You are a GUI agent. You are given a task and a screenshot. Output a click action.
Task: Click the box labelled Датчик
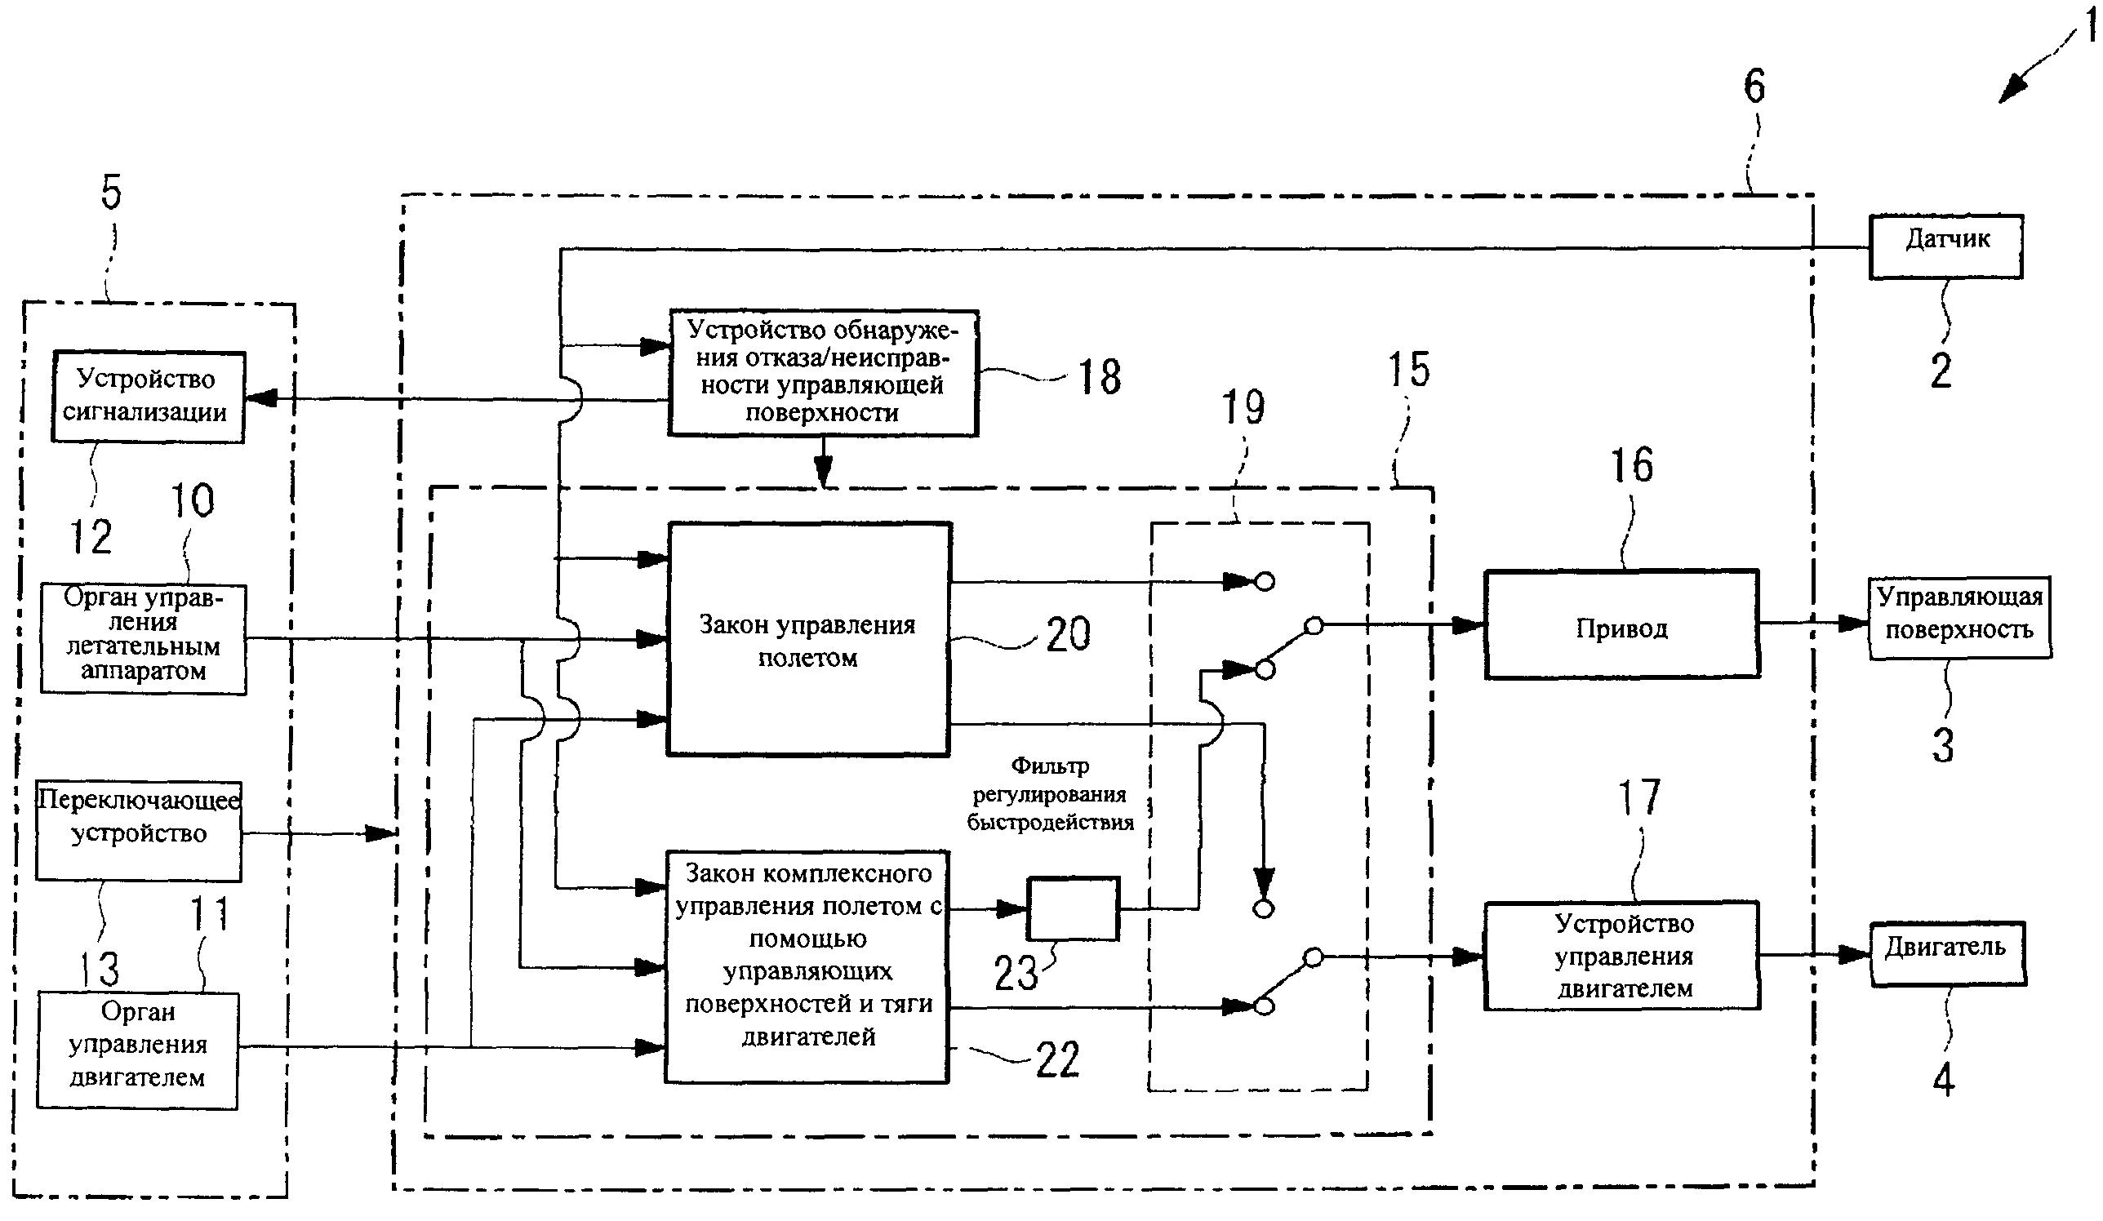(x=1945, y=246)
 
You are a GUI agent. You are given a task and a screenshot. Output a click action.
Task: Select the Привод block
(x=1621, y=624)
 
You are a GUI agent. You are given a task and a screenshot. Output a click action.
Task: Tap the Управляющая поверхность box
(x=1959, y=618)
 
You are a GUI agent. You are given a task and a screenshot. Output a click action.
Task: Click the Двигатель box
(x=1948, y=953)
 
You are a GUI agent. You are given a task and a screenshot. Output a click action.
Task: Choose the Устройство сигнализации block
(x=148, y=397)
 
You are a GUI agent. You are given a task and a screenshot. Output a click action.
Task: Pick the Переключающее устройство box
(x=139, y=830)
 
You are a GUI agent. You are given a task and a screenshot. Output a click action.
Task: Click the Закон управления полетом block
(x=808, y=639)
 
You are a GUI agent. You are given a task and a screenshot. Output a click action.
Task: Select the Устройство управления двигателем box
(x=1621, y=957)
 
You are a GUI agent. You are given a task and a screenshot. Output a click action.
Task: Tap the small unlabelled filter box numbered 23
(x=1073, y=909)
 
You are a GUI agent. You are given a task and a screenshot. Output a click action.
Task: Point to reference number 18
(x=1099, y=377)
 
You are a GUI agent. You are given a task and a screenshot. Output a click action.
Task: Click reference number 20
(x=1067, y=634)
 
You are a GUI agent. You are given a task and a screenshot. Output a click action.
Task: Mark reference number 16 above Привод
(x=1631, y=465)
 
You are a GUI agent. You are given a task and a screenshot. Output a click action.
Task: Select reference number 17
(x=1638, y=797)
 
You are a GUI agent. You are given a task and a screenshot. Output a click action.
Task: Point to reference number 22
(x=1057, y=1060)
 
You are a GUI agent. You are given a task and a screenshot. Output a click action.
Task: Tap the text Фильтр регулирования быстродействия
(x=1050, y=793)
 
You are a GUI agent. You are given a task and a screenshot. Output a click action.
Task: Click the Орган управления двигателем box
(x=137, y=1050)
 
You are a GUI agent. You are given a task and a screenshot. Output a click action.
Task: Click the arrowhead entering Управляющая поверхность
(x=1854, y=624)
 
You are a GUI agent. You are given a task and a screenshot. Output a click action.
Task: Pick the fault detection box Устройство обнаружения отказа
(x=823, y=372)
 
